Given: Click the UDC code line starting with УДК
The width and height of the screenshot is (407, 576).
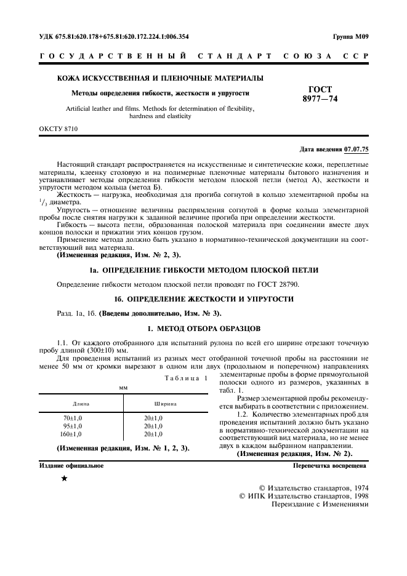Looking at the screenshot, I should coord(114,36).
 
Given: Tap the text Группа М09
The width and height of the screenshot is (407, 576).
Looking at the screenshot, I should coord(350,36).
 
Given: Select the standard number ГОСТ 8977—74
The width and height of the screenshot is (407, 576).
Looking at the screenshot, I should coord(316,94).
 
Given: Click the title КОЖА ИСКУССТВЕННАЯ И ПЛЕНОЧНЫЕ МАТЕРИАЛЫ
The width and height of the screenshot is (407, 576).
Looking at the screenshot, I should coord(160,78).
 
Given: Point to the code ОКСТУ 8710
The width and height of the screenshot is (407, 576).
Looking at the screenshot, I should coord(58,129).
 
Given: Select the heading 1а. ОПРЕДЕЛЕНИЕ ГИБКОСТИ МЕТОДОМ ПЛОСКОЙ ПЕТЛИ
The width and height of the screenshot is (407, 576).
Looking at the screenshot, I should coord(203,271).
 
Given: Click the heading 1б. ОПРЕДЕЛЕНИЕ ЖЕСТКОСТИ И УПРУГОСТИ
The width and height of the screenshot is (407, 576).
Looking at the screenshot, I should coord(203,298).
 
